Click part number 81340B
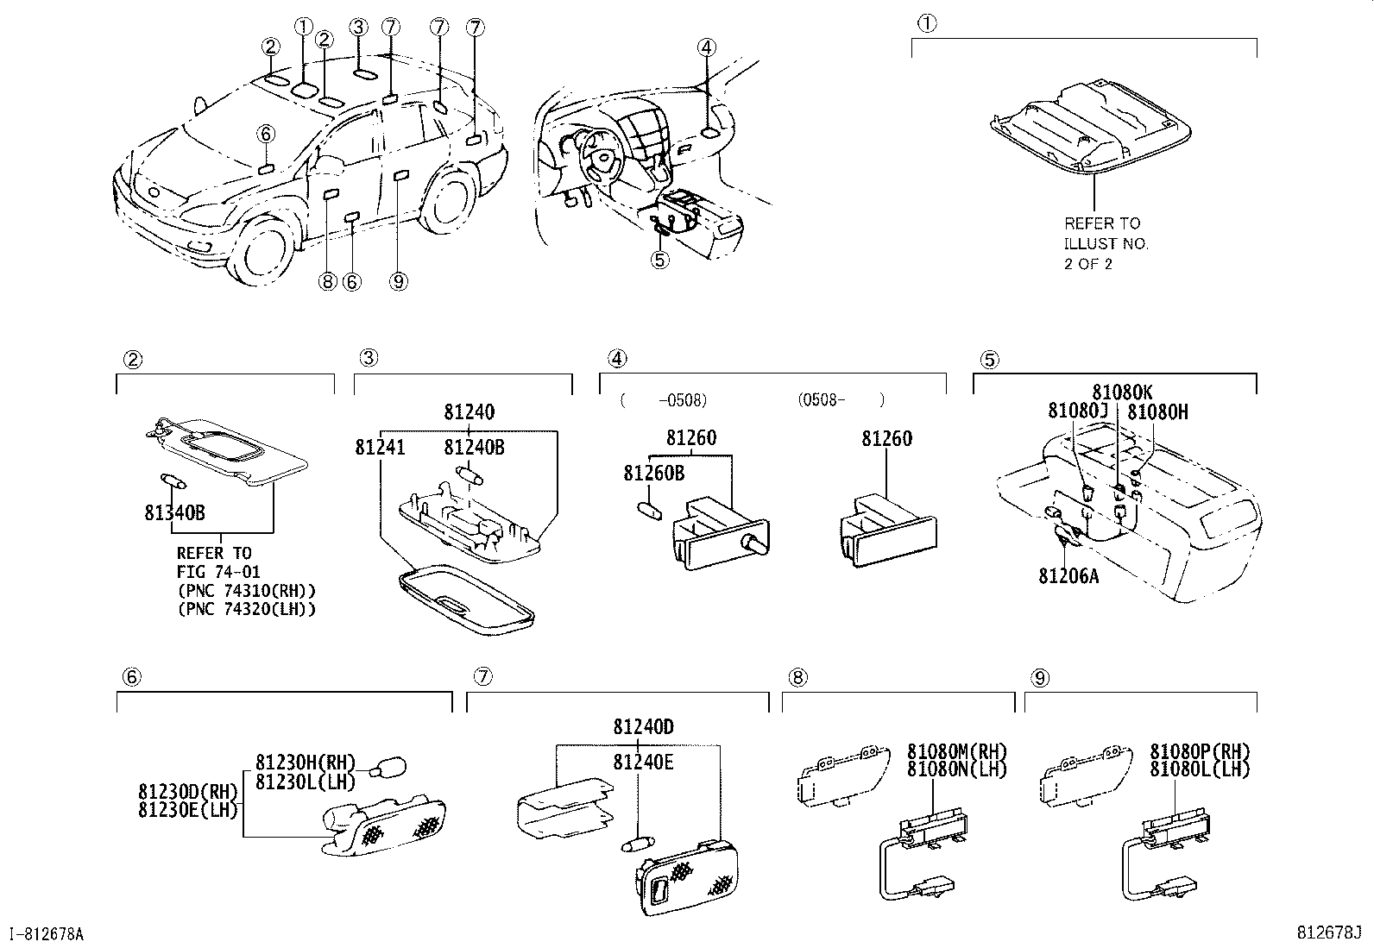coord(174,513)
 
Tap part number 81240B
coord(474,447)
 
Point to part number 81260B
coord(654,473)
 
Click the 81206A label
coord(1068,575)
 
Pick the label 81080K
coord(1121,392)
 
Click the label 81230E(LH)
coord(187,809)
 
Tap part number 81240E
coord(643,763)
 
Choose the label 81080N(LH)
coord(957,769)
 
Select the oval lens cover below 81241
coord(466,600)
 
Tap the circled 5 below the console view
coord(659,260)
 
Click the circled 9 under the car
coord(398,281)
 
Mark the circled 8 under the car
coord(326,281)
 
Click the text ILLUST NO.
coord(1106,244)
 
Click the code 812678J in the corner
coord(1327,932)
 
